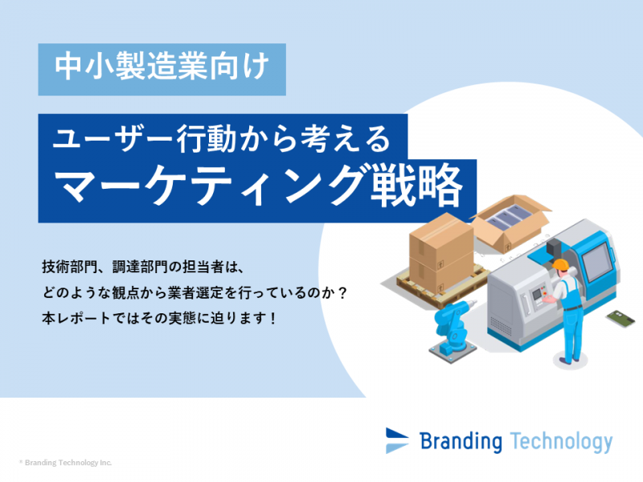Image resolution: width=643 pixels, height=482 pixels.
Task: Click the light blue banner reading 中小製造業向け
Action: (x=162, y=69)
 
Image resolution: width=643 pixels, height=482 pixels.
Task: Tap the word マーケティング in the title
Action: (x=210, y=186)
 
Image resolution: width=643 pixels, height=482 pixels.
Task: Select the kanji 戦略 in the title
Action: (x=416, y=186)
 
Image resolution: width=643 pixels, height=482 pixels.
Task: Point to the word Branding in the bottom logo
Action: (x=461, y=441)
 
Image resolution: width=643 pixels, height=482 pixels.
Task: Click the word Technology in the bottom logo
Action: (x=561, y=441)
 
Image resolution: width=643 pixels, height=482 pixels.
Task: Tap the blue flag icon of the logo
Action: (x=396, y=440)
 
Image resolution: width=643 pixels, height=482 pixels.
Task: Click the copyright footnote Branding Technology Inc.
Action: (x=66, y=463)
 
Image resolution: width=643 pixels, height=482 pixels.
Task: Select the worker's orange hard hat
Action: (x=560, y=264)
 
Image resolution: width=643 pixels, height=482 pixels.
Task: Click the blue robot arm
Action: (x=453, y=329)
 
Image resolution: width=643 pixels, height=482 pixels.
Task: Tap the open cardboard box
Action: (x=511, y=222)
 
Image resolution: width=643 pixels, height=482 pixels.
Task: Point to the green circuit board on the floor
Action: (x=620, y=318)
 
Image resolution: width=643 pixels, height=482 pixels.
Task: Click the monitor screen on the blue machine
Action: (x=595, y=260)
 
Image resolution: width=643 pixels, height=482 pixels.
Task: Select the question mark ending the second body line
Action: (x=343, y=293)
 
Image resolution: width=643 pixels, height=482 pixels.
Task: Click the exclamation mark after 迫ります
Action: (x=273, y=318)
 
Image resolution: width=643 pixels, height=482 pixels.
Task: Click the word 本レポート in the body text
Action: (x=76, y=318)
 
